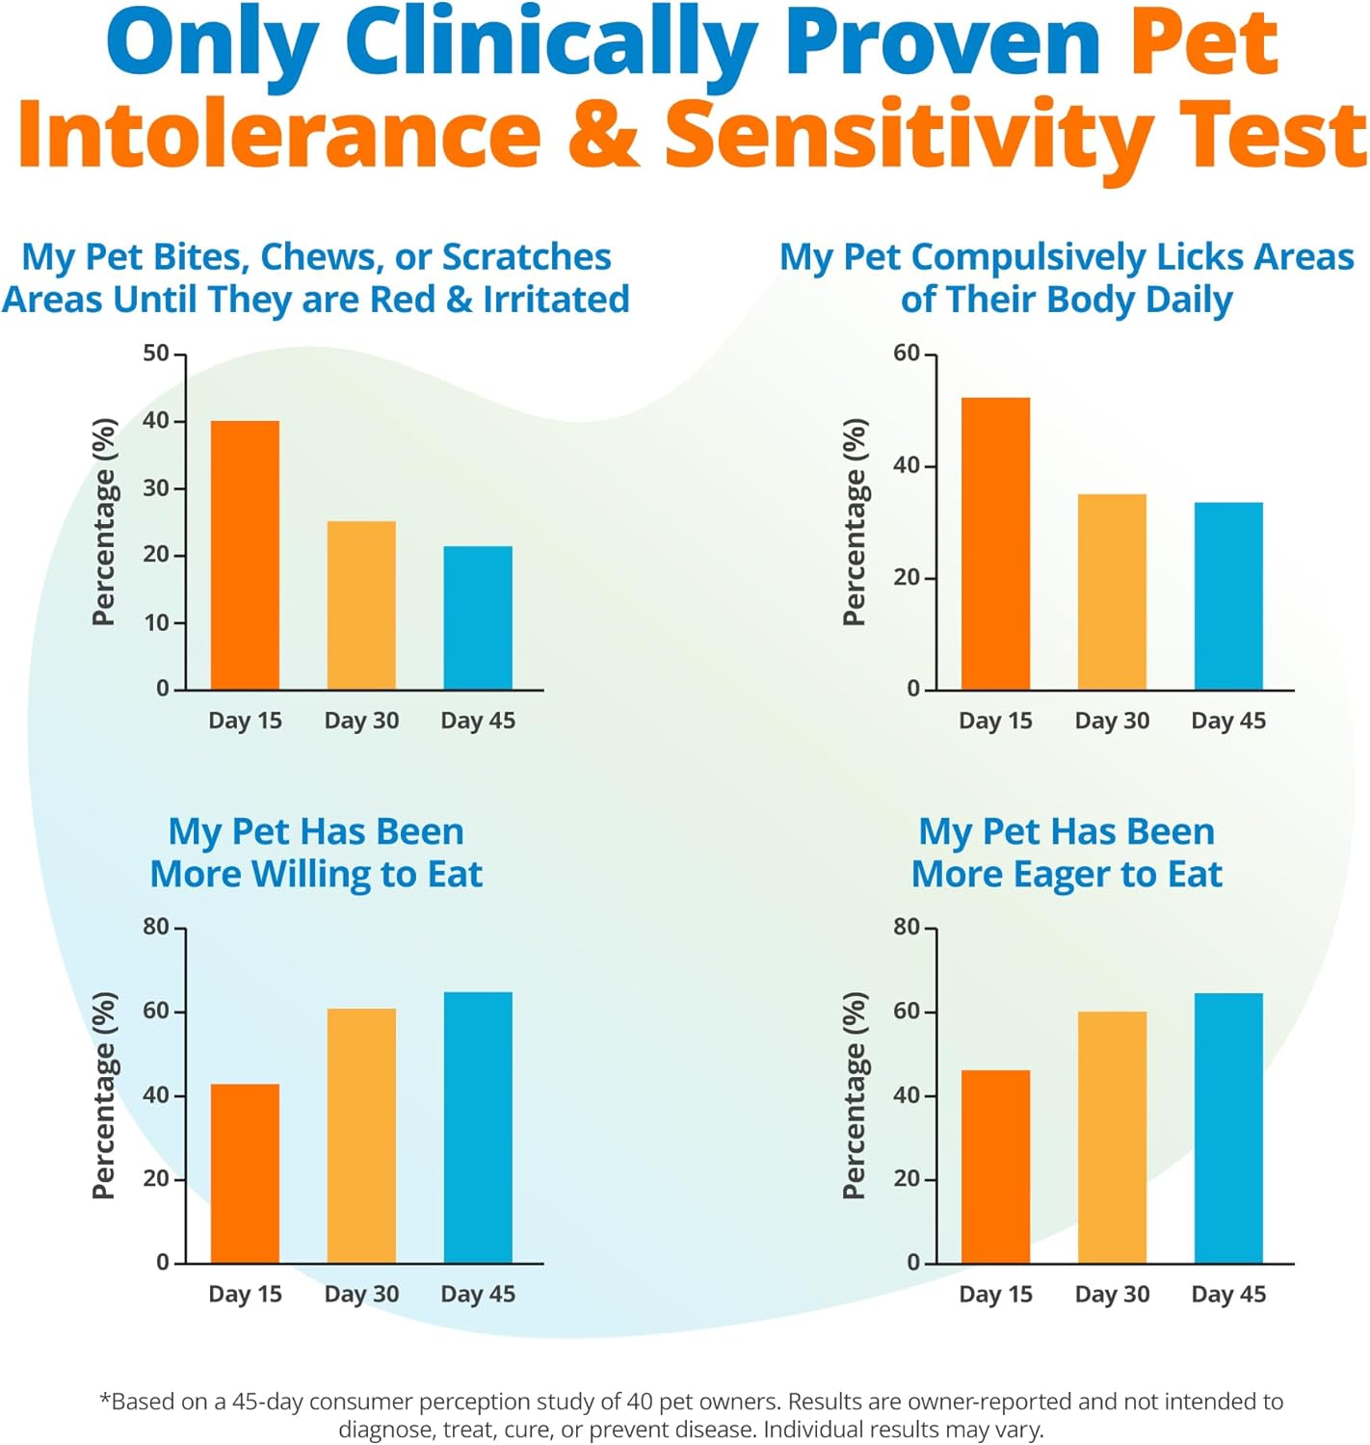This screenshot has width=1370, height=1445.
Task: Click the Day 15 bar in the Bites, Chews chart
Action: pyautogui.click(x=245, y=555)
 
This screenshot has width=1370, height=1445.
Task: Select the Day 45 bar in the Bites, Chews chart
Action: pyautogui.click(x=478, y=617)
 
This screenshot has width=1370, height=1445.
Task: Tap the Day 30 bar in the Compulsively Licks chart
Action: pyautogui.click(x=1112, y=591)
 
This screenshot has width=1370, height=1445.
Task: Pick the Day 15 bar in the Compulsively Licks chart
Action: pyautogui.click(x=995, y=543)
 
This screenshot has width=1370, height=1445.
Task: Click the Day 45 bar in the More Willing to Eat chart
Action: pyautogui.click(x=478, y=1127)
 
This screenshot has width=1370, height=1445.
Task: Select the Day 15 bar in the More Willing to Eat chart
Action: pyautogui.click(x=245, y=1173)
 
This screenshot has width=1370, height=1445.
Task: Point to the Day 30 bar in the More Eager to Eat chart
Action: pyautogui.click(x=1112, y=1137)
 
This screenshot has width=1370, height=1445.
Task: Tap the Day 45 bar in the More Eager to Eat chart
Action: pyautogui.click(x=1228, y=1127)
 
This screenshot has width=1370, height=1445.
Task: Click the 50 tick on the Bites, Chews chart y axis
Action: pyautogui.click(x=156, y=354)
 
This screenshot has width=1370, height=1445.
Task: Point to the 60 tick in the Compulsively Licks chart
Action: pyautogui.click(x=907, y=354)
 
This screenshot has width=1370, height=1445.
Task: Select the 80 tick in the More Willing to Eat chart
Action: pyautogui.click(x=156, y=927)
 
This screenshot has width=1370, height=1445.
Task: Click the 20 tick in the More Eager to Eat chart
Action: pyautogui.click(x=907, y=1178)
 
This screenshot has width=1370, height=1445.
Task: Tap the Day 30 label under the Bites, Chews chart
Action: pyautogui.click(x=361, y=721)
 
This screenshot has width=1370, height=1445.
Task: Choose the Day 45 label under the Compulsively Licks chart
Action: pyautogui.click(x=1228, y=721)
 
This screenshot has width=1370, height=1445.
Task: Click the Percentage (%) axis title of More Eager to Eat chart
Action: pyautogui.click(x=855, y=1095)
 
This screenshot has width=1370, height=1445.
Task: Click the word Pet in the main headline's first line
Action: pyautogui.click(x=1203, y=43)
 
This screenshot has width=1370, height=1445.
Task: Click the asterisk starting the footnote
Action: pyautogui.click(x=105, y=1399)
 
